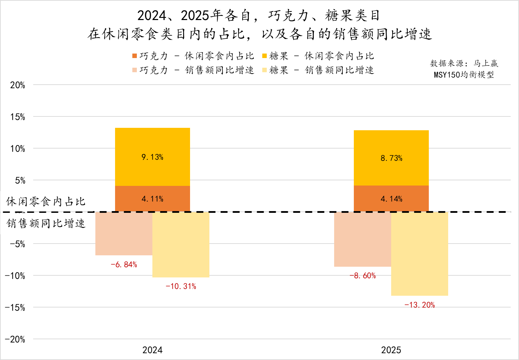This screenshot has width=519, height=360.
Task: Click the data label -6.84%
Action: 124,265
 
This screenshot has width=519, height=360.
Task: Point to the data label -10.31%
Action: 181,286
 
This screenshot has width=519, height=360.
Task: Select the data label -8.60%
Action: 362,276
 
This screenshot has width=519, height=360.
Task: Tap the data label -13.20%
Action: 419,305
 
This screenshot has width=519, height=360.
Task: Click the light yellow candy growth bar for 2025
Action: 419,254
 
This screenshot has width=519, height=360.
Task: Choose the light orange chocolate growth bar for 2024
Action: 124,234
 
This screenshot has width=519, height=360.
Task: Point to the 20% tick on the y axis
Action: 18,85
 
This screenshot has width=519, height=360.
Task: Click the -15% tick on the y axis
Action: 15,308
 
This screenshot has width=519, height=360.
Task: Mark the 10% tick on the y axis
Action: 18,149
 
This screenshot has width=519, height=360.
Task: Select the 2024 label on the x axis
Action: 152,350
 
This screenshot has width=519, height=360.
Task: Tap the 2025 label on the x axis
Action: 391,350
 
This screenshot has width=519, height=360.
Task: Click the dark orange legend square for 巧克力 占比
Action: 135,56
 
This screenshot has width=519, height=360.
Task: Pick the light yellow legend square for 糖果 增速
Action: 265,70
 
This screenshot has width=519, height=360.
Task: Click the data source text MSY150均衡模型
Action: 464,75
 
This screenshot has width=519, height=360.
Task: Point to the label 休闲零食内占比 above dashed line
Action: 46,201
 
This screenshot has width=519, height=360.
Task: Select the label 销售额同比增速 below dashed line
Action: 46,224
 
